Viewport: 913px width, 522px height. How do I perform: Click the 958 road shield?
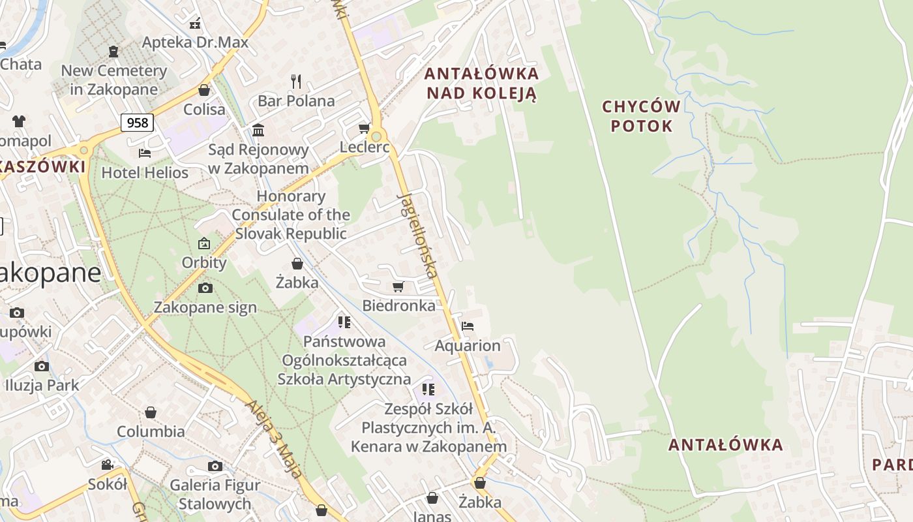point(137,123)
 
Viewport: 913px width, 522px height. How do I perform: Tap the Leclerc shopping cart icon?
point(365,128)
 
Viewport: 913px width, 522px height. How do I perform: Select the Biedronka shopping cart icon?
point(398,286)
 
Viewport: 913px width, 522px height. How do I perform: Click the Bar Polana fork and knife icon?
point(296,81)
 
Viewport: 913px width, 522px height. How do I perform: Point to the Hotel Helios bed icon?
point(145,153)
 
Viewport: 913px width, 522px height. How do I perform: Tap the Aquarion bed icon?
point(467,326)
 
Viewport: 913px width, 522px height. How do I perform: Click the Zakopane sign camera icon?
point(205,288)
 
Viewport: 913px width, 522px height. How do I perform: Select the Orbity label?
point(204,262)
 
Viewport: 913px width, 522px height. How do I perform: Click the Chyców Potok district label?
point(641,116)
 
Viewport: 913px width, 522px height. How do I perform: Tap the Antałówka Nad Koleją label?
point(481,83)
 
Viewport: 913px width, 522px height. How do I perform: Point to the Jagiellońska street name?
point(417,235)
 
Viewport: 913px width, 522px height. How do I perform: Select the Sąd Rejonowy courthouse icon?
point(258,130)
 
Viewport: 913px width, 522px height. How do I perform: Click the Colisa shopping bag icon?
point(204,90)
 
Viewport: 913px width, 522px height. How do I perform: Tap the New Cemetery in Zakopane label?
point(114,80)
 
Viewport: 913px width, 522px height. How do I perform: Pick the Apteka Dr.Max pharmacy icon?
point(195,23)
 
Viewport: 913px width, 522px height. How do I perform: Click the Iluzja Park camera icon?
point(42,366)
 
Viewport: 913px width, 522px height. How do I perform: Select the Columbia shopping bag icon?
point(151,412)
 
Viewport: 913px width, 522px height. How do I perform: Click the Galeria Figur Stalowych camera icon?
point(215,466)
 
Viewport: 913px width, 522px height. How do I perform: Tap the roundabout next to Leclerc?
point(376,137)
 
